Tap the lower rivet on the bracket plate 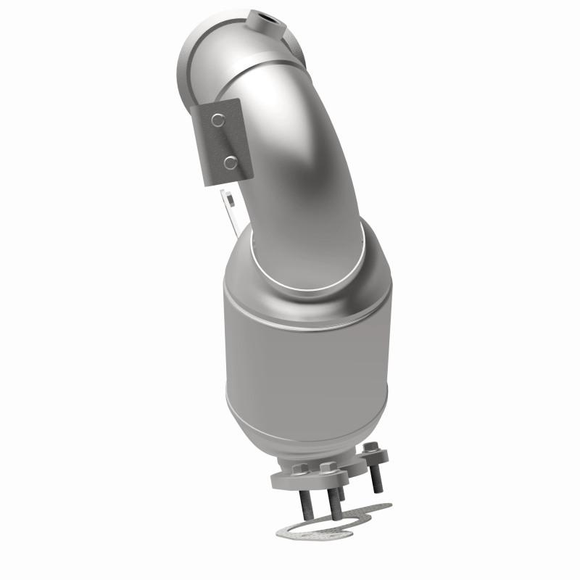(230, 162)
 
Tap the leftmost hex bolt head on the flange (299, 468)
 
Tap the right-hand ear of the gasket (380, 507)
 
